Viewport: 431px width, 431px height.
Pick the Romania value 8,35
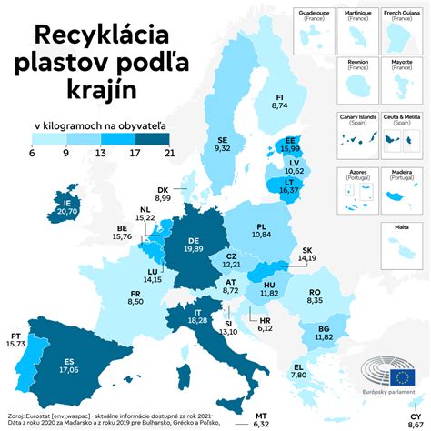(x=315, y=299)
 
